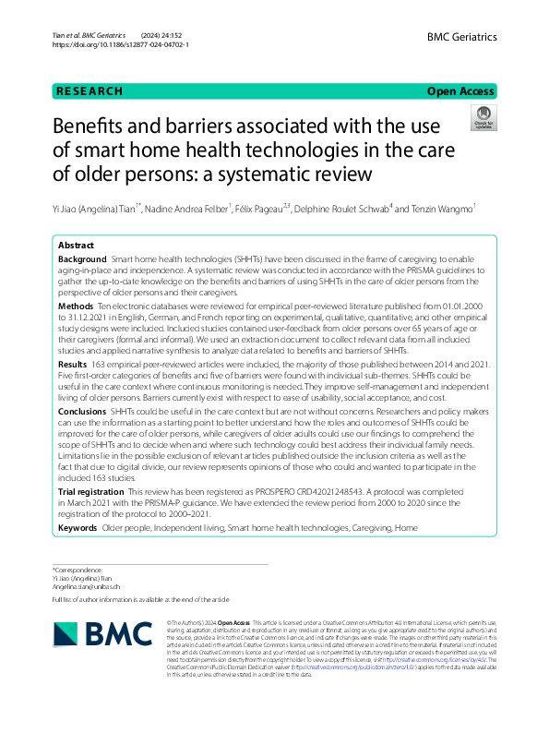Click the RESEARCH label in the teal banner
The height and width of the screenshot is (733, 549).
click(90, 91)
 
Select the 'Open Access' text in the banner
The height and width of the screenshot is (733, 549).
click(461, 91)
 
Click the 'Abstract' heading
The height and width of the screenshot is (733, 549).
click(76, 246)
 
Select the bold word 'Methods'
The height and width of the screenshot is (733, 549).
click(76, 306)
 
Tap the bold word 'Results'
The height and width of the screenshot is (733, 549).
click(74, 366)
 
